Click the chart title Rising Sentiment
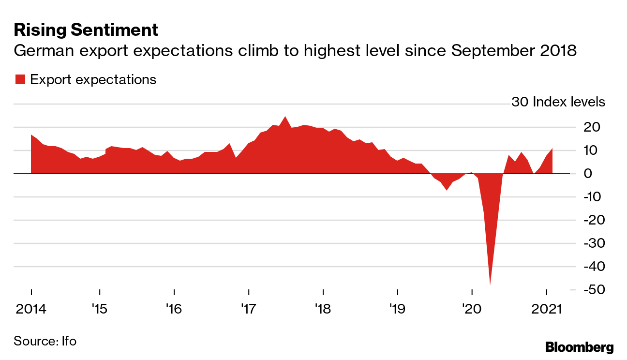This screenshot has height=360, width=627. (x=86, y=30)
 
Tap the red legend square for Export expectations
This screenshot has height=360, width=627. (x=20, y=80)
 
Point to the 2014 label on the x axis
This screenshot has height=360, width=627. (x=31, y=308)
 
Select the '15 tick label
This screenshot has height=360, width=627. (x=99, y=308)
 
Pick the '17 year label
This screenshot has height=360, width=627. (x=248, y=308)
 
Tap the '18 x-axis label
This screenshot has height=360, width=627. (x=322, y=308)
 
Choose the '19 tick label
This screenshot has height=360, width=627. (x=397, y=308)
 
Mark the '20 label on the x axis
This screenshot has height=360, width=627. (x=471, y=308)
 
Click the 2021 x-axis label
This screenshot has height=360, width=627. (x=546, y=308)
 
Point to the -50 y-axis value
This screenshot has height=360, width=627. (x=594, y=290)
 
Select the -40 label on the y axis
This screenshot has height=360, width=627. (x=594, y=267)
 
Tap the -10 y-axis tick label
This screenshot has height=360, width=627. (x=594, y=197)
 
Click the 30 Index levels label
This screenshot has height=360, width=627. (x=558, y=103)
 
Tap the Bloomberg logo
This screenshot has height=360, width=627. (x=579, y=347)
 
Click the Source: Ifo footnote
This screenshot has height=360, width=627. (x=45, y=341)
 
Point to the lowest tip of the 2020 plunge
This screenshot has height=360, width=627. (x=490, y=285)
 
